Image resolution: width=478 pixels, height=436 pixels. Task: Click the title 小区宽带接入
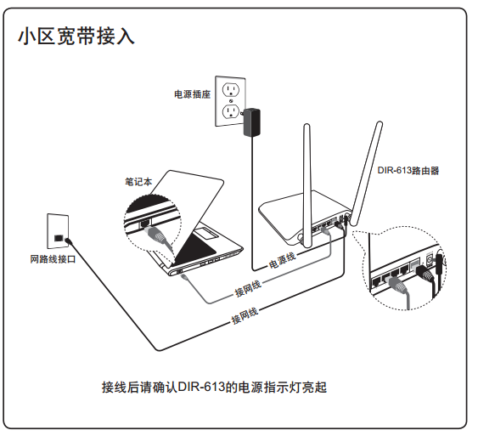(x=76, y=37)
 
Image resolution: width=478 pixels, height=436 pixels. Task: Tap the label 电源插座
(x=193, y=94)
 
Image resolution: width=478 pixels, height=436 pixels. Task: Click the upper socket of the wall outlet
(x=231, y=90)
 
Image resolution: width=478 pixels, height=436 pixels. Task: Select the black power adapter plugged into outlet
(x=252, y=122)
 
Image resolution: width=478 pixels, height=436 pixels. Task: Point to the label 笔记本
(x=138, y=182)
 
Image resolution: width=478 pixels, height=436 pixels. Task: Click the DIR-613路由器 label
(x=408, y=170)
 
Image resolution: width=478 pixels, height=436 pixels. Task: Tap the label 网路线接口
(x=53, y=259)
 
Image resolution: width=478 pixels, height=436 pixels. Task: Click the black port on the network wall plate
(x=58, y=238)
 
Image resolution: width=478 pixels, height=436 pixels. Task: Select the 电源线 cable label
(x=282, y=260)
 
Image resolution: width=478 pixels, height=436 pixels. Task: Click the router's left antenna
(x=307, y=185)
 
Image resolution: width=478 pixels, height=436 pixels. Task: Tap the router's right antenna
(x=366, y=173)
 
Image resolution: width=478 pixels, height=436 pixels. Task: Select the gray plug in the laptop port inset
(x=157, y=235)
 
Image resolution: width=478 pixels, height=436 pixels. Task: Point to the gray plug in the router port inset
(x=399, y=286)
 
